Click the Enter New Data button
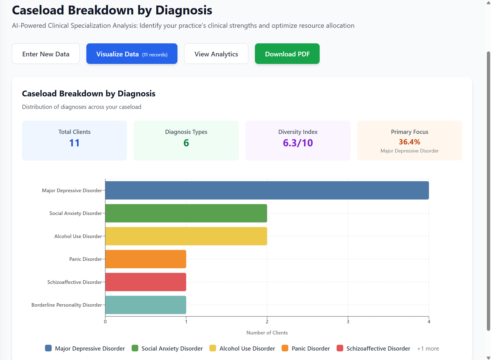click(46, 54)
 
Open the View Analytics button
click(216, 54)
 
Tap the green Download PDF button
click(287, 54)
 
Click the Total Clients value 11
click(74, 143)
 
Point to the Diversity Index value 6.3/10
click(298, 143)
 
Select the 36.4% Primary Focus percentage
click(409, 142)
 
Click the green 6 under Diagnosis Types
click(186, 143)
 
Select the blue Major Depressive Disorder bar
click(267, 190)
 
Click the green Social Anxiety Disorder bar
click(186, 213)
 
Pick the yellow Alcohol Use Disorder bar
click(186, 236)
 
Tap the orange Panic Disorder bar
click(146, 259)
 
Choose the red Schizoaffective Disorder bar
click(146, 282)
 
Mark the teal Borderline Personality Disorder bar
click(146, 305)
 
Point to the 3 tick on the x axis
click(348, 322)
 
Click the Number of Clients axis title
click(267, 332)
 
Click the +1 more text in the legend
click(428, 348)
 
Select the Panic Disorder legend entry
click(306, 348)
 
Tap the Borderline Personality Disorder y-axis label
click(67, 305)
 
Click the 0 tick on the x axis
click(105, 322)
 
